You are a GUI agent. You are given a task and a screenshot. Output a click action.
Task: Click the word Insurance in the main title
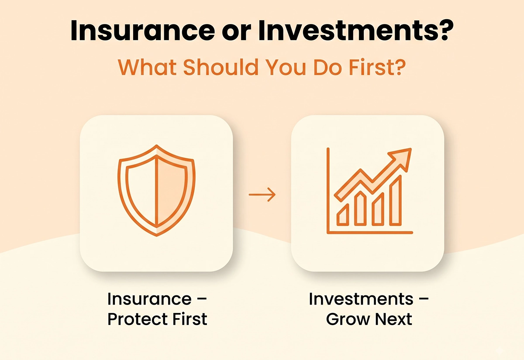click(x=142, y=31)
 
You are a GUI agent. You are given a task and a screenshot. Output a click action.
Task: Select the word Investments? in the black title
click(x=356, y=31)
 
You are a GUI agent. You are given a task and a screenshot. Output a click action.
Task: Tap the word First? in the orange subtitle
click(x=377, y=67)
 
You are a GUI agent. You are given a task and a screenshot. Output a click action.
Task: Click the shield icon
click(x=156, y=191)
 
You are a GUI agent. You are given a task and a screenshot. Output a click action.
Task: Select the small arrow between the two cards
click(x=262, y=195)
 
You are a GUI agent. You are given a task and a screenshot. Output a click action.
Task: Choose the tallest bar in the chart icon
click(x=396, y=201)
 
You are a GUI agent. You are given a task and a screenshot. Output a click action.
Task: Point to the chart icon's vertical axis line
click(x=328, y=191)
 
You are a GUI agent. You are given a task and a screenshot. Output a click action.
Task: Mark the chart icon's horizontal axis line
click(x=370, y=233)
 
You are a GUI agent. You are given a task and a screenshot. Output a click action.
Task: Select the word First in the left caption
click(x=190, y=319)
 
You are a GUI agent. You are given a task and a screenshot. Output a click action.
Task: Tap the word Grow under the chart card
click(x=348, y=319)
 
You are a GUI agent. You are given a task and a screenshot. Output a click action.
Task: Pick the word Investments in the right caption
click(x=361, y=299)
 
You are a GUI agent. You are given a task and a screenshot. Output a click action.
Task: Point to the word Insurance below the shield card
click(x=149, y=299)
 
